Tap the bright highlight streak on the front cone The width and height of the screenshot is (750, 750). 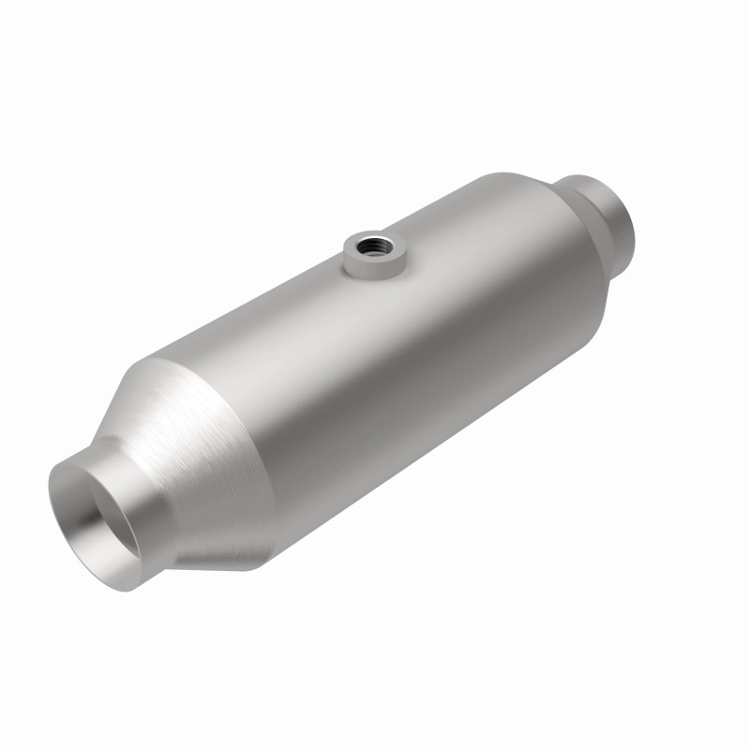coord(187,412)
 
